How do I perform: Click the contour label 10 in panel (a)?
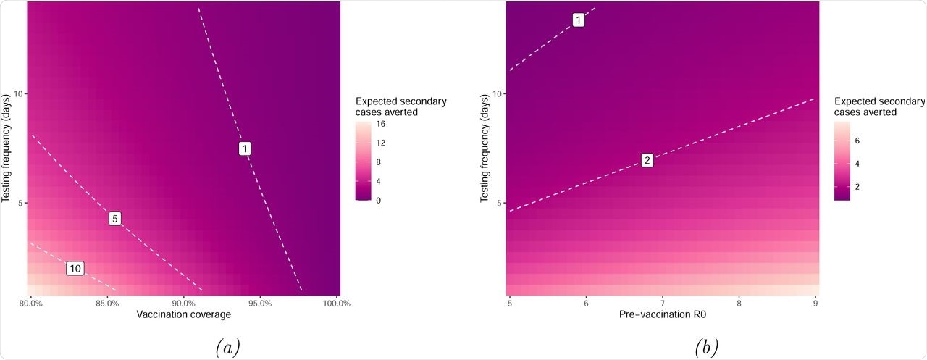point(75,269)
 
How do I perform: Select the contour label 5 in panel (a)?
point(114,218)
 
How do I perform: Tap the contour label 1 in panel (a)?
point(246,148)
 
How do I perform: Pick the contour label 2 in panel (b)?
point(647,160)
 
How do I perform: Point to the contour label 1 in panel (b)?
point(579,20)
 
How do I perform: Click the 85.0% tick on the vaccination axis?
point(106,303)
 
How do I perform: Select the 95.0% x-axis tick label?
point(260,303)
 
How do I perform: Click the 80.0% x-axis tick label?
point(30,303)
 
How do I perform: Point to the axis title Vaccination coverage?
point(183,315)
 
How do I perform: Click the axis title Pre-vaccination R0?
point(663,315)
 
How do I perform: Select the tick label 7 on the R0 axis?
point(663,303)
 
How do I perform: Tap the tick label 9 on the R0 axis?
point(815,303)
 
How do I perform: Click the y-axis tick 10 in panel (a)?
point(17,93)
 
